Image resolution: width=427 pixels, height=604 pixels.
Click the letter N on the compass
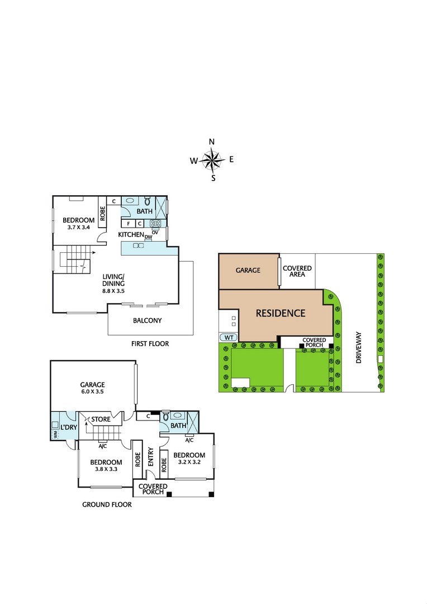click(212, 141)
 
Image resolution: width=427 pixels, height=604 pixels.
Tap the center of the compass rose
click(212, 161)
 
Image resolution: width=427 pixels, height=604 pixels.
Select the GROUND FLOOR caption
click(107, 504)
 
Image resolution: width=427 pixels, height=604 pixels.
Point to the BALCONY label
click(147, 320)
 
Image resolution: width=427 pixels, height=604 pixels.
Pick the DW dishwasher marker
click(148, 237)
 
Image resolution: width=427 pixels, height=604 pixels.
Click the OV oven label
click(155, 232)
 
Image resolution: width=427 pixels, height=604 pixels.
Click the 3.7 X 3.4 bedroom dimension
click(79, 228)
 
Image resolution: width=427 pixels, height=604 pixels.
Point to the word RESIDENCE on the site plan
click(281, 313)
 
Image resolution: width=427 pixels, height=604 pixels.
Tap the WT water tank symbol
click(228, 337)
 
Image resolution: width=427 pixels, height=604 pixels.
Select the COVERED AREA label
click(297, 272)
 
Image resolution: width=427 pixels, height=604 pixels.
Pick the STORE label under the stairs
click(101, 419)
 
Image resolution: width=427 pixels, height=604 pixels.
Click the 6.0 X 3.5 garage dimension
click(92, 392)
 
